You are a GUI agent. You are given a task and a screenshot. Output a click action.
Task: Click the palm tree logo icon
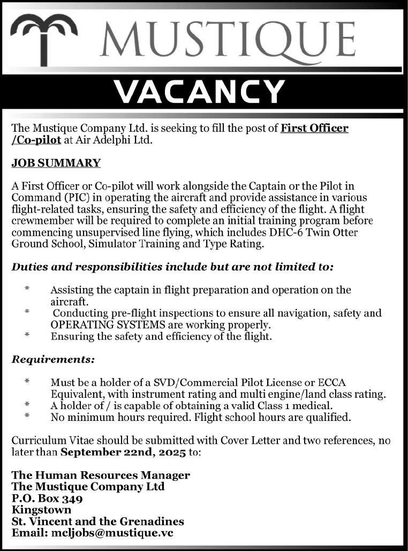click(x=44, y=37)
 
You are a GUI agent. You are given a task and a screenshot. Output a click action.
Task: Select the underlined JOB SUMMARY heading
click(x=56, y=163)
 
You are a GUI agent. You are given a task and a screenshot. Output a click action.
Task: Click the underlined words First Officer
click(x=315, y=129)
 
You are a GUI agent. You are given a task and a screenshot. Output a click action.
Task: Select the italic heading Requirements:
click(x=53, y=359)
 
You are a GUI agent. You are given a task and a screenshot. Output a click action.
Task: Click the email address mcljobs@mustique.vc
click(x=112, y=533)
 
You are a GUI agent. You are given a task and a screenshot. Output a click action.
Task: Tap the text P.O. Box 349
click(x=47, y=498)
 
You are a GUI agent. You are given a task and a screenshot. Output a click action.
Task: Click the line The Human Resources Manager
click(x=101, y=475)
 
